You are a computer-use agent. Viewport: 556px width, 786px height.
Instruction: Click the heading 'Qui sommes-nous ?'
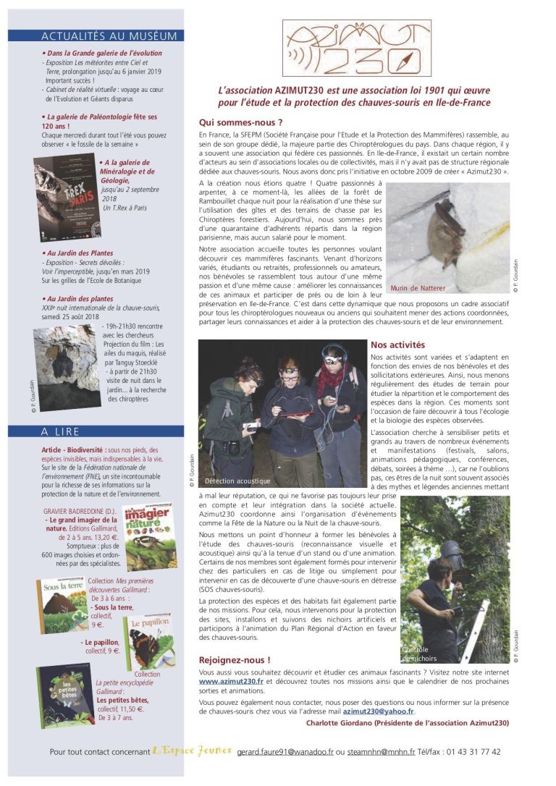tap(240, 122)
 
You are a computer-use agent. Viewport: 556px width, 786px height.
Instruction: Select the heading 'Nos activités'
tap(397, 345)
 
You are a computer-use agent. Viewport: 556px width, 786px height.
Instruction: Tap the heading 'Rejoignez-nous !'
tap(235, 660)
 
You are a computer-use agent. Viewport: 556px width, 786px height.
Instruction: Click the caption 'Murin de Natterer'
tap(418, 287)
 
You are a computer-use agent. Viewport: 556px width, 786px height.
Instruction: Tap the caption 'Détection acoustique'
tap(237, 481)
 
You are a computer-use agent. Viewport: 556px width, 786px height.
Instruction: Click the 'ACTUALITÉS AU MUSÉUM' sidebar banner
tap(109, 35)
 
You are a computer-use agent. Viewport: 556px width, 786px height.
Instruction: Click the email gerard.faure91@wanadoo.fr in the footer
tap(285, 752)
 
